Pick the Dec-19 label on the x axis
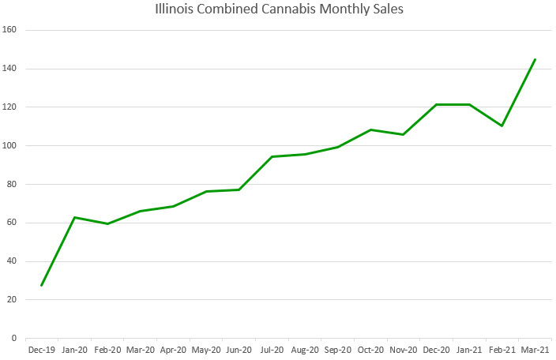coord(41,348)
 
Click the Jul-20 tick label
coord(272,348)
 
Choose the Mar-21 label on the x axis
coord(535,348)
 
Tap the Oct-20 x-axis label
coord(370,348)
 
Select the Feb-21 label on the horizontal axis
coord(502,348)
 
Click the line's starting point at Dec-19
coord(41,285)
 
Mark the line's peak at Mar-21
coord(535,59)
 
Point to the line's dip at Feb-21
coord(502,126)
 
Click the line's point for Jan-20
coord(74,217)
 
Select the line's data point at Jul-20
coord(272,156)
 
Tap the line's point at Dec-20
coord(436,104)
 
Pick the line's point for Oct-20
coord(370,129)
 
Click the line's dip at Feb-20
coord(107,223)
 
